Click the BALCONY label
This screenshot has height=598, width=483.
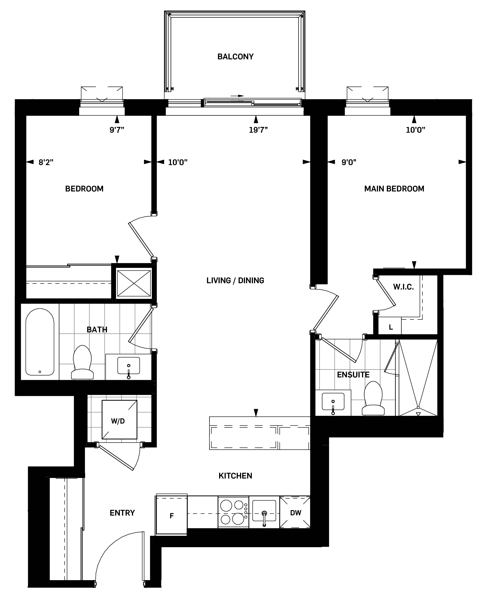pyautogui.click(x=235, y=57)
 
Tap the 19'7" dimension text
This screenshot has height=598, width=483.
pyautogui.click(x=258, y=130)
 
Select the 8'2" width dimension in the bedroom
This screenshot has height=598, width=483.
pyautogui.click(x=46, y=162)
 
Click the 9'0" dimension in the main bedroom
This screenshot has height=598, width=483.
pyautogui.click(x=349, y=162)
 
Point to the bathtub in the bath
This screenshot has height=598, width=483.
pyautogui.click(x=40, y=342)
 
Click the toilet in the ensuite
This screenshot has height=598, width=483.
pyautogui.click(x=373, y=399)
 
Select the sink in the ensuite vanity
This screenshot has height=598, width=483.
pyautogui.click(x=333, y=402)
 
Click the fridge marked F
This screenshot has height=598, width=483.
pyautogui.click(x=172, y=516)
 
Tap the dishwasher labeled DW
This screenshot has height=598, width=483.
pyautogui.click(x=295, y=513)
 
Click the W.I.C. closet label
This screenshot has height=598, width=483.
pyautogui.click(x=403, y=287)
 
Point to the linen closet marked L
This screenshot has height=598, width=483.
pyautogui.click(x=391, y=327)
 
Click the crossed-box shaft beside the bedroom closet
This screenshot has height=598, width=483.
pyautogui.click(x=134, y=283)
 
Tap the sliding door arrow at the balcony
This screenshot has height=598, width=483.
pyautogui.click(x=237, y=96)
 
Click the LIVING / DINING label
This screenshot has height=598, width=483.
pyautogui.click(x=235, y=280)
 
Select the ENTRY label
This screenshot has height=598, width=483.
pyautogui.click(x=122, y=513)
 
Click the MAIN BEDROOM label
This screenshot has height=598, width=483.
pyautogui.click(x=394, y=189)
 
